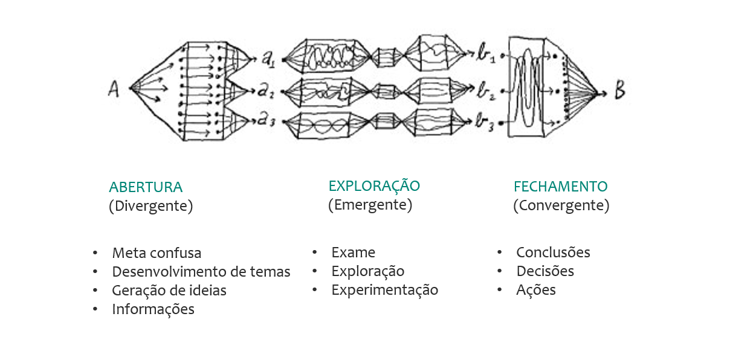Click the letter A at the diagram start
point(114,90)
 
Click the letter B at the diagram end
point(619,92)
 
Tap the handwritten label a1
point(268,59)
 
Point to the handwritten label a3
point(267,120)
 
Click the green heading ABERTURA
point(146,187)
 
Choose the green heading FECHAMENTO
point(561,187)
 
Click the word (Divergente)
point(150,206)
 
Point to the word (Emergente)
point(370,205)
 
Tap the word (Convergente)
point(561,206)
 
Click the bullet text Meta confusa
point(157,253)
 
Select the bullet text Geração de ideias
point(169,291)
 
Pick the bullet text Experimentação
point(384,290)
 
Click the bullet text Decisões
point(545,271)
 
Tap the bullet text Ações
point(535,290)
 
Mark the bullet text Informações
point(153,309)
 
